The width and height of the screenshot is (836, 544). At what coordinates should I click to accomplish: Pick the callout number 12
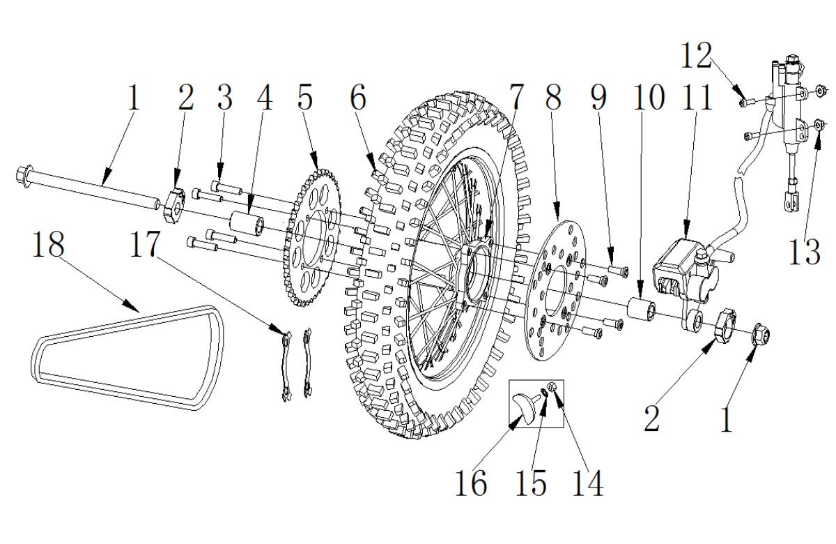[x=697, y=55]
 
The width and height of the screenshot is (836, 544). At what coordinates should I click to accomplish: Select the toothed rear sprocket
[x=313, y=238]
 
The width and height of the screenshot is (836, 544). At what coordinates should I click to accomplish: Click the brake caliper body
[x=685, y=270]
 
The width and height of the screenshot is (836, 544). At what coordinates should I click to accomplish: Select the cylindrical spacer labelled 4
[x=247, y=223]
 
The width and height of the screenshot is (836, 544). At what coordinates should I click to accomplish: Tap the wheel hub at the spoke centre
[x=474, y=272]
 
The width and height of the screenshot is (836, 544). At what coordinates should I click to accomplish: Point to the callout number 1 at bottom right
[x=726, y=420]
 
